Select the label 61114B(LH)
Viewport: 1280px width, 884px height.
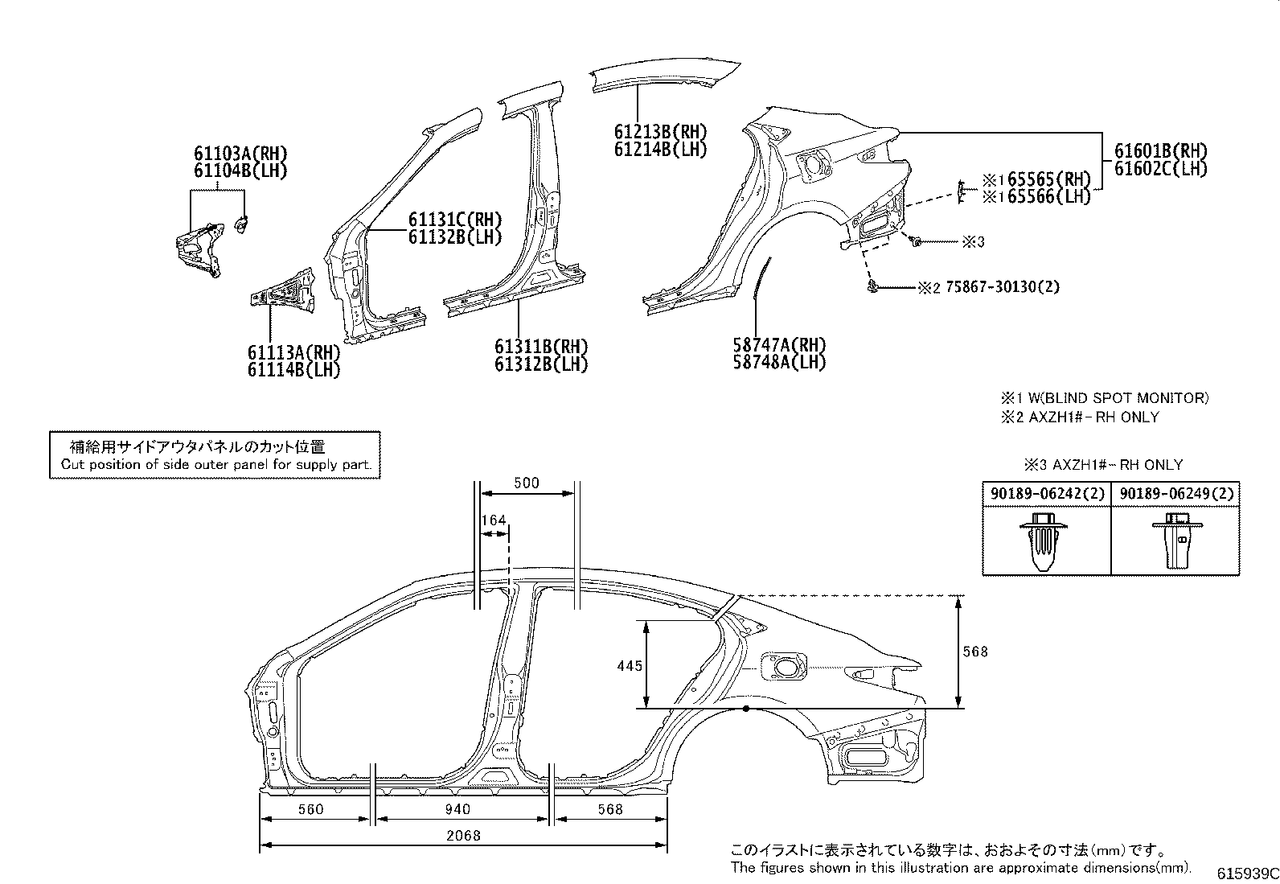(x=293, y=370)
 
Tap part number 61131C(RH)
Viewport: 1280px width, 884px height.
(x=454, y=220)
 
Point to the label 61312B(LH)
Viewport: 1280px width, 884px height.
(x=540, y=364)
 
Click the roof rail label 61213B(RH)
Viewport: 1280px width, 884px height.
(x=660, y=132)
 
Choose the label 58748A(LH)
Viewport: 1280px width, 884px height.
(x=779, y=362)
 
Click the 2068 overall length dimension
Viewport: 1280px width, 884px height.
(x=464, y=835)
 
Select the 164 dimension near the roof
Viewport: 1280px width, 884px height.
(x=494, y=520)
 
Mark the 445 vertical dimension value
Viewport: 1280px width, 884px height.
(x=630, y=665)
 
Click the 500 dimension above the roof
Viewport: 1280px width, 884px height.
(x=526, y=483)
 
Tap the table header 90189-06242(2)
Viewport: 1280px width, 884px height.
(x=1046, y=494)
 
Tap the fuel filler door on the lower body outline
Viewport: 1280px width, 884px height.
(x=784, y=666)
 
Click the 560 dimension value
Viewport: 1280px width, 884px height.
(x=310, y=809)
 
